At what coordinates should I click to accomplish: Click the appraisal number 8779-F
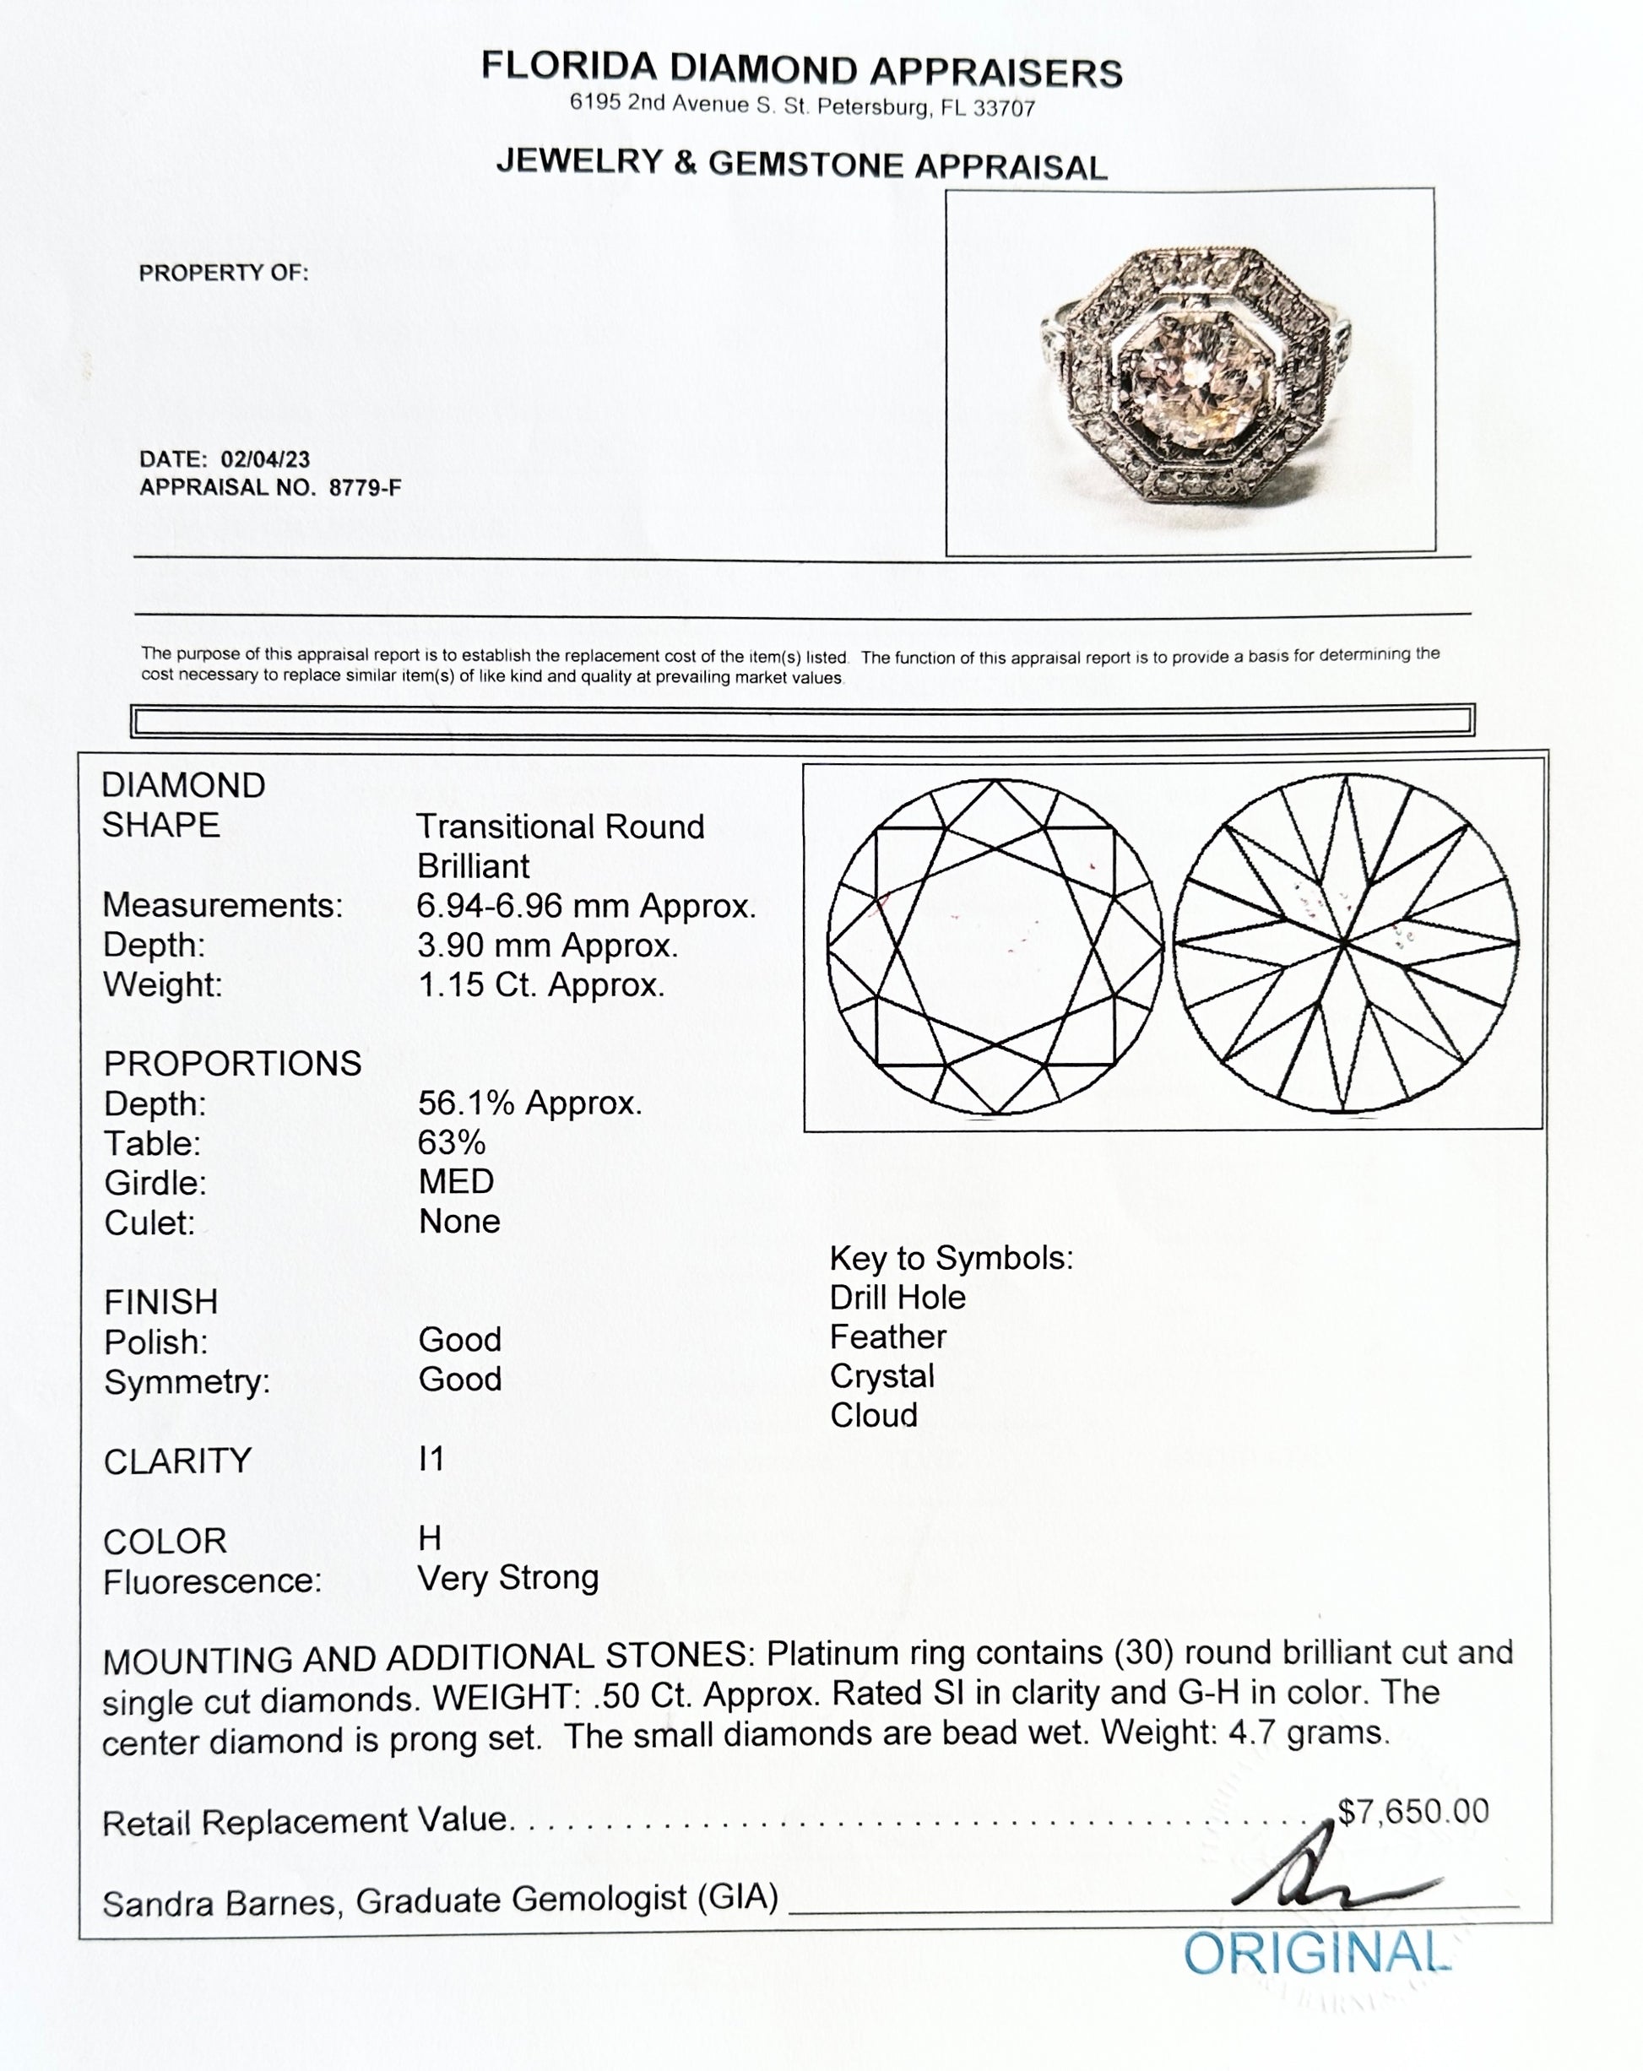(x=364, y=487)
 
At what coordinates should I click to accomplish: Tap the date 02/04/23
(x=265, y=459)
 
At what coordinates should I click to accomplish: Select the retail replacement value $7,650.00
(x=1413, y=1811)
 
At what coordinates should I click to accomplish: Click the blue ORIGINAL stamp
(x=1315, y=1954)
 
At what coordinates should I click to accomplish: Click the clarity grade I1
(x=431, y=1459)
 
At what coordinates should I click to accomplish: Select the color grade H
(x=430, y=1538)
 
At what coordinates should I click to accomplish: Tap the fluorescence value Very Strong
(x=507, y=1577)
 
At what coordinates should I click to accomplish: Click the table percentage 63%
(x=452, y=1142)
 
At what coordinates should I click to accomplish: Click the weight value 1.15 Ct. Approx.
(x=541, y=984)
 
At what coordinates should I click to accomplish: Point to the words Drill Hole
(x=897, y=1297)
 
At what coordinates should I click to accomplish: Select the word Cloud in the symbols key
(x=873, y=1415)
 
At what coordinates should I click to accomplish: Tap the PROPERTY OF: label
(x=224, y=273)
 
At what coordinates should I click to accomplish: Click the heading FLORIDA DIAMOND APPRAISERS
(x=801, y=69)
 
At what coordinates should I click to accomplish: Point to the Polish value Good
(x=459, y=1339)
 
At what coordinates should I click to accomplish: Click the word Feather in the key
(x=888, y=1336)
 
